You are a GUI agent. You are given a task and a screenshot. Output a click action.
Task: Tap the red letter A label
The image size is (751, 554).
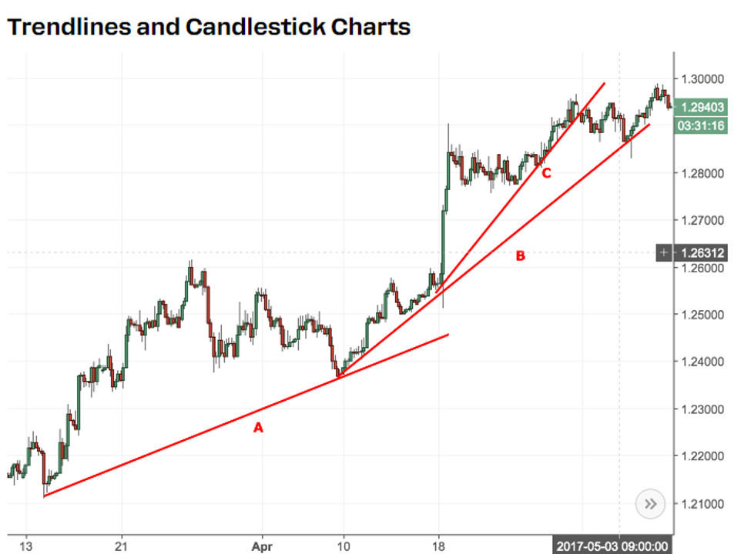[259, 427]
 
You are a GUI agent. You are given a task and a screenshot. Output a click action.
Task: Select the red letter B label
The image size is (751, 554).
[520, 255]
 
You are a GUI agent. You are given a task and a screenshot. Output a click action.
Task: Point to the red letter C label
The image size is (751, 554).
[546, 174]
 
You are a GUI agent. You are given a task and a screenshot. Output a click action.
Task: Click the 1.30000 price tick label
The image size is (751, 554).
[702, 78]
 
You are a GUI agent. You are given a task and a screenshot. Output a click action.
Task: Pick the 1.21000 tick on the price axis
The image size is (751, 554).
[702, 503]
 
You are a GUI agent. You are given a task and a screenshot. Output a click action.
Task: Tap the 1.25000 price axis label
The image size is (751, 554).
[702, 315]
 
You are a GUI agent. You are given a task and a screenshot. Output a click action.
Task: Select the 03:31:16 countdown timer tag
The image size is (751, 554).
[701, 125]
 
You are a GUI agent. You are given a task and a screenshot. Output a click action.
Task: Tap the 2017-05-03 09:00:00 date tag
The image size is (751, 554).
[613, 546]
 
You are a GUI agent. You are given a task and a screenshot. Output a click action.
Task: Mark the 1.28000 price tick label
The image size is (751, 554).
[702, 173]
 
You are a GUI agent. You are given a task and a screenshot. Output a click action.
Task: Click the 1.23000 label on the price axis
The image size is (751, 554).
[702, 409]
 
